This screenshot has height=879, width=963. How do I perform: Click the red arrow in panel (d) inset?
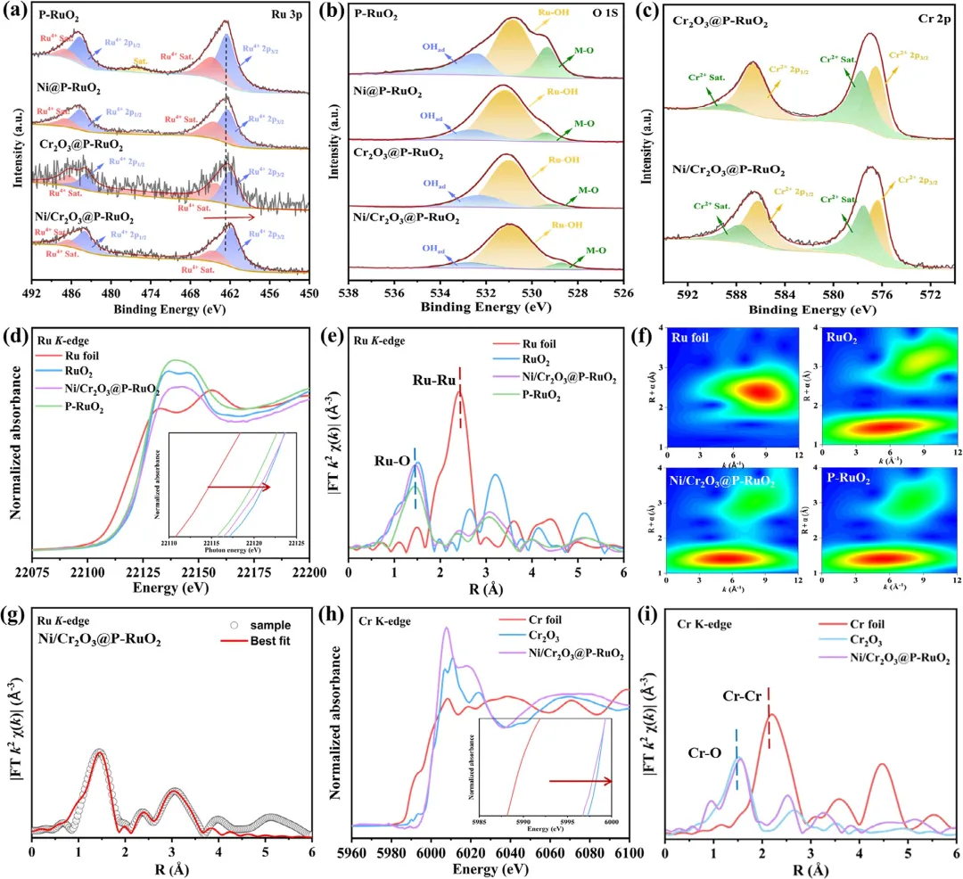(239, 488)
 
